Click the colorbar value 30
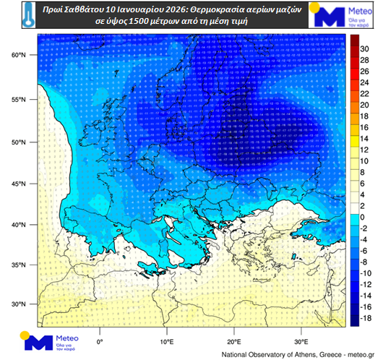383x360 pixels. click(365, 48)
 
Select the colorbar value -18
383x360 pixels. click(365, 317)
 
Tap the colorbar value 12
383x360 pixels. click(365, 150)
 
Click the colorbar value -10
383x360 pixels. click(365, 273)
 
